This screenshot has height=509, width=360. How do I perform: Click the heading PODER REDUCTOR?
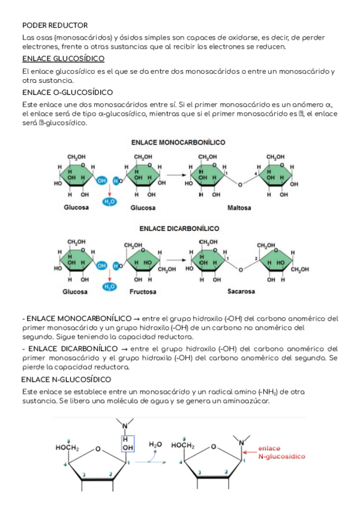click(55, 25)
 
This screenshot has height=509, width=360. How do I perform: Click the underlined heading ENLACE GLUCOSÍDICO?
click(63, 59)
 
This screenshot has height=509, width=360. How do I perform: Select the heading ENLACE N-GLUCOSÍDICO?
click(66, 379)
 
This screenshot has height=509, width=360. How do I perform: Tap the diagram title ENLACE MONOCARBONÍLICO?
click(179, 142)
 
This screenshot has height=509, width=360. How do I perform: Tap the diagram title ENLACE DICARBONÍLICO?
click(179, 228)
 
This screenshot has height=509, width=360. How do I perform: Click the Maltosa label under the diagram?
click(239, 208)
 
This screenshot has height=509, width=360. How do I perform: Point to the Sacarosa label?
click(241, 292)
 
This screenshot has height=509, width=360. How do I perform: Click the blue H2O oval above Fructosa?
click(110, 287)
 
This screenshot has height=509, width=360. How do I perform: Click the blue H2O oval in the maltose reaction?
click(110, 202)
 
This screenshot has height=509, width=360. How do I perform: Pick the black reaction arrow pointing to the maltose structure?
click(174, 175)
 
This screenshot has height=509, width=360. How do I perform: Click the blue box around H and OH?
click(127, 443)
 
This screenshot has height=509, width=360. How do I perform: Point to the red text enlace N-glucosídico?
click(281, 452)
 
